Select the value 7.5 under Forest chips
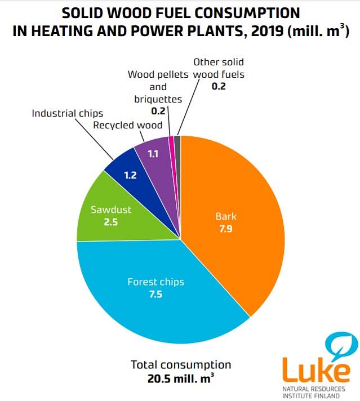[x=155, y=294]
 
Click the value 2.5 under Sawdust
[x=111, y=222]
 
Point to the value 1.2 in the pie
[x=130, y=176]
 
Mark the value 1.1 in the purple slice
[x=153, y=154]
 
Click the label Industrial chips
[x=68, y=113]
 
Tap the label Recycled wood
[x=128, y=125]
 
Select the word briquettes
[x=158, y=99]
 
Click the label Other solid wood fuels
[x=219, y=68]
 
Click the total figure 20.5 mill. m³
[x=181, y=378]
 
